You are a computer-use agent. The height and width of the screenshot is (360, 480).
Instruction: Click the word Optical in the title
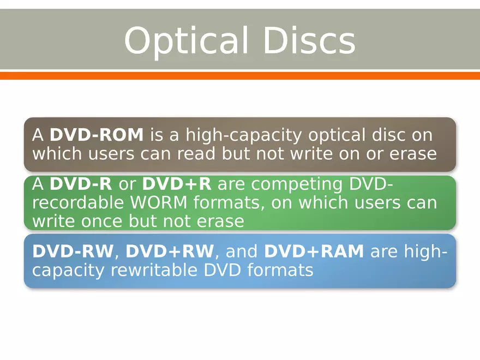182,41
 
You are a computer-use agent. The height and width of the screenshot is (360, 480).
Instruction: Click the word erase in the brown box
413,154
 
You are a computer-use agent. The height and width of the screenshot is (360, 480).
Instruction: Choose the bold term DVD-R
81,184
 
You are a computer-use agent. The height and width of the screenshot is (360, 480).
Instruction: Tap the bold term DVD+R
176,184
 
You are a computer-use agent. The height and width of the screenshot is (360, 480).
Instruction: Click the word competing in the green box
296,184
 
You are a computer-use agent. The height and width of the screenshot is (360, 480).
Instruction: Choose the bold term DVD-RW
73,251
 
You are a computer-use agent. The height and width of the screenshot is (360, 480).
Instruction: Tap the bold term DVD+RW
170,251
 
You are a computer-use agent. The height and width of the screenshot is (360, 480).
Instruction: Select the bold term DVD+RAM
314,251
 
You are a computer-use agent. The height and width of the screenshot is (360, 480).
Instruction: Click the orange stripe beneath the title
240,75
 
